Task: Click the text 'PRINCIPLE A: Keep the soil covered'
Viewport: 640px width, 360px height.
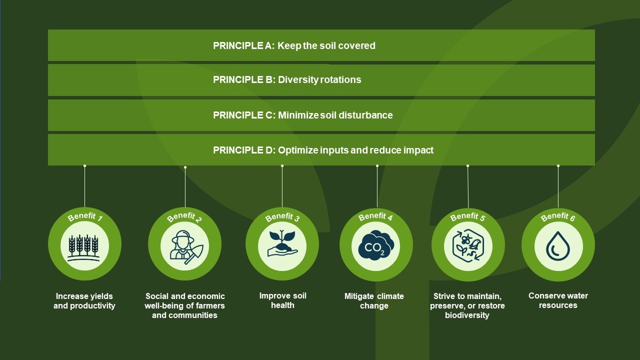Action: pyautogui.click(x=294, y=45)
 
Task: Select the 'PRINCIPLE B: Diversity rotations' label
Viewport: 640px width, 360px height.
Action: pyautogui.click(x=287, y=79)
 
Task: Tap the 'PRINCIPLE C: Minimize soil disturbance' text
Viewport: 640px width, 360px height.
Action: pyautogui.click(x=303, y=115)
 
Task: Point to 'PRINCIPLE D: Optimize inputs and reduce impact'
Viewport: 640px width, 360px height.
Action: pyautogui.click(x=323, y=150)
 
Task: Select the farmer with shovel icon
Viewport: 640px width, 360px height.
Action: pyautogui.click(x=185, y=247)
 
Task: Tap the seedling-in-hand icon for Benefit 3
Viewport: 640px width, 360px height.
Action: pyautogui.click(x=282, y=243)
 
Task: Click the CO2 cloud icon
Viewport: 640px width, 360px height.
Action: pyautogui.click(x=376, y=245)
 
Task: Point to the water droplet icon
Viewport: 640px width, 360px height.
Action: pyautogui.click(x=558, y=246)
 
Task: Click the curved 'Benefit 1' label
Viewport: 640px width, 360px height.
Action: pyautogui.click(x=85, y=217)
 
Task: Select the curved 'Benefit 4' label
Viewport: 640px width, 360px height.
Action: pyautogui.click(x=375, y=217)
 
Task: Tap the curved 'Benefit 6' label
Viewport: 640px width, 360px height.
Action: pyautogui.click(x=557, y=217)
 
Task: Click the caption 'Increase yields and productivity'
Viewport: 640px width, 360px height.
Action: pyautogui.click(x=84, y=301)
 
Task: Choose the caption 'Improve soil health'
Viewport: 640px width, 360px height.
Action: pyautogui.click(x=282, y=300)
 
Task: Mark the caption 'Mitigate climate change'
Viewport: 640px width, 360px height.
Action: pyautogui.click(x=374, y=301)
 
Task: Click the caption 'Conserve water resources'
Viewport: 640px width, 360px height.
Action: pyautogui.click(x=558, y=300)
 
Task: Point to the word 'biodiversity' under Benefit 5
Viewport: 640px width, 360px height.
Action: pyautogui.click(x=467, y=315)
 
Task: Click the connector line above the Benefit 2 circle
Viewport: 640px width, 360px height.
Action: pyautogui.click(x=185, y=187)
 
